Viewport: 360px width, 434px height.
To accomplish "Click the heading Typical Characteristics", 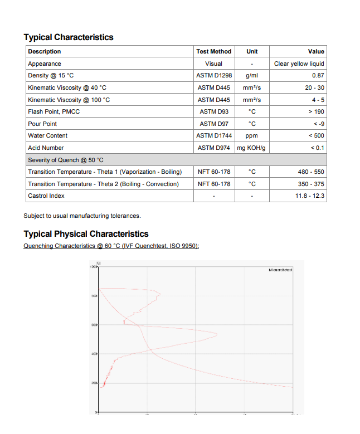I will (68, 37).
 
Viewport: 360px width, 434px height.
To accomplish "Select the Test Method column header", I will (213, 51).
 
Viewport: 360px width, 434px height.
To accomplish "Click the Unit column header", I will (252, 51).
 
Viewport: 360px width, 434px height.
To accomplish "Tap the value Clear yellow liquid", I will (299, 64).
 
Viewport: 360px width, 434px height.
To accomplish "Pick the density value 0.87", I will (318, 75).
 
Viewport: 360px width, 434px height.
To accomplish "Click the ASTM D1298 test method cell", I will (213, 75).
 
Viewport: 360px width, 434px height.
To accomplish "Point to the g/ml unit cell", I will (252, 75).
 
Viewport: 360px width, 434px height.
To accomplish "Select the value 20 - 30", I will (314, 87).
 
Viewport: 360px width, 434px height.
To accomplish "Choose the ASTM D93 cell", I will (213, 111).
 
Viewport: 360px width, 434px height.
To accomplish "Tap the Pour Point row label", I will (42, 124).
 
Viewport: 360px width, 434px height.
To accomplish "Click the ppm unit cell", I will (252, 135).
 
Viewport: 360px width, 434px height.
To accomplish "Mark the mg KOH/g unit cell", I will (252, 148).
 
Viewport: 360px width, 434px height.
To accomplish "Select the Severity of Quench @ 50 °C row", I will (65, 160).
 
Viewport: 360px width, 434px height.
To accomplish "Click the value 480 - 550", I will (311, 172).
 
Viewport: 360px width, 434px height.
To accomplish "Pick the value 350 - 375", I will (311, 184).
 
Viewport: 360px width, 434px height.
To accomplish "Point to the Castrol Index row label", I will (46, 196).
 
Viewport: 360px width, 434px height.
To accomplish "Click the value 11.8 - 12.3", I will (310, 196).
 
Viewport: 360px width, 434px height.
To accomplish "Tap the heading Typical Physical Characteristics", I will (86, 234).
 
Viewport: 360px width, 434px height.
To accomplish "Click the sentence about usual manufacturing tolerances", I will (82, 216).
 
